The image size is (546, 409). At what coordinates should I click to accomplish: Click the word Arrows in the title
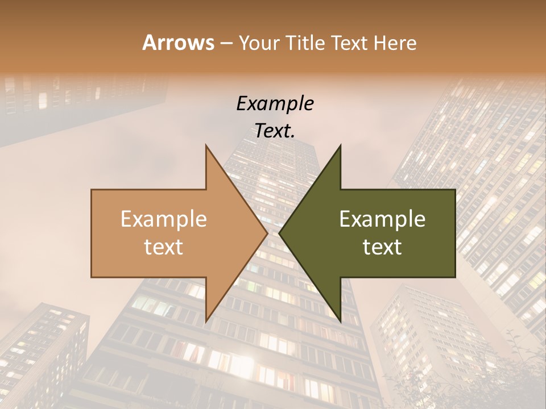pos(178,43)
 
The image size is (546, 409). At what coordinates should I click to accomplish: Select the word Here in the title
pos(395,43)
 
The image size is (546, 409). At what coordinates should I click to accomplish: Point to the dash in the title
pos(226,44)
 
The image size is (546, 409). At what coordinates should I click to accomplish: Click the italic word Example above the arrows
pos(275,103)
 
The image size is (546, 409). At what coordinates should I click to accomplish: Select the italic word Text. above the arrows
pos(275,131)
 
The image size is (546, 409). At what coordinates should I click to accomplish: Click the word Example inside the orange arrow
pos(164,219)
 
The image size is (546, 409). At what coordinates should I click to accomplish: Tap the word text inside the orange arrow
pos(164,247)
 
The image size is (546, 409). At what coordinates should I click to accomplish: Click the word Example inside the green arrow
pos(382,219)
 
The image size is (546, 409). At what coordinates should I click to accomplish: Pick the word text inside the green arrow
pos(382,247)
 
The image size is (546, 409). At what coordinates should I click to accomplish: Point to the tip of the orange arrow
pos(267,233)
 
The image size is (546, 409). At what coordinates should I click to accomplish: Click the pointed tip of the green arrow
pos(279,233)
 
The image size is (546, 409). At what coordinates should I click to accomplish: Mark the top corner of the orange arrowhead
pos(206,145)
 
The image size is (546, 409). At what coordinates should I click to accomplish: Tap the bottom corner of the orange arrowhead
pos(206,321)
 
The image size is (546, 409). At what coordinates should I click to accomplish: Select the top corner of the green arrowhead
pos(340,145)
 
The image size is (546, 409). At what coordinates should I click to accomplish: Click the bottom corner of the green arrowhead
pos(340,321)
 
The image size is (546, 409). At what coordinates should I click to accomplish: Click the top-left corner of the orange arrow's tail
pos(92,190)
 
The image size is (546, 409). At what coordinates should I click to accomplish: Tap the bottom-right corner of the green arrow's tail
pos(455,277)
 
